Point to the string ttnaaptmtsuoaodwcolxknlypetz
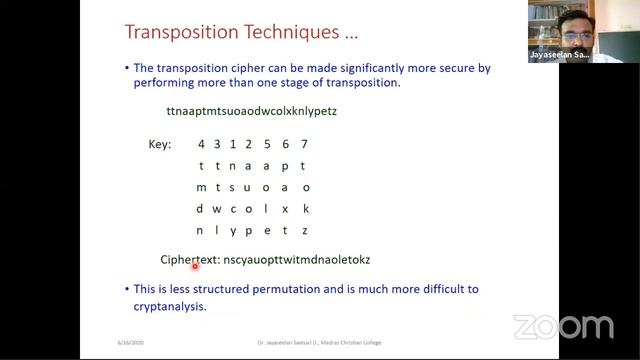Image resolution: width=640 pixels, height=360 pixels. [251, 111]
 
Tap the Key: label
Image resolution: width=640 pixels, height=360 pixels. [160, 145]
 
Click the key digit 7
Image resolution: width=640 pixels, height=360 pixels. [304, 145]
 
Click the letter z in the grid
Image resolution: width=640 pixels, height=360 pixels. [304, 230]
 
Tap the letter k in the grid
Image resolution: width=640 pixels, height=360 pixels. [304, 208]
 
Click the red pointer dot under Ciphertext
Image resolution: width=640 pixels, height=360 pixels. [195, 266]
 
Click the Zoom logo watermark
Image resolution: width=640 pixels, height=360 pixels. [563, 327]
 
